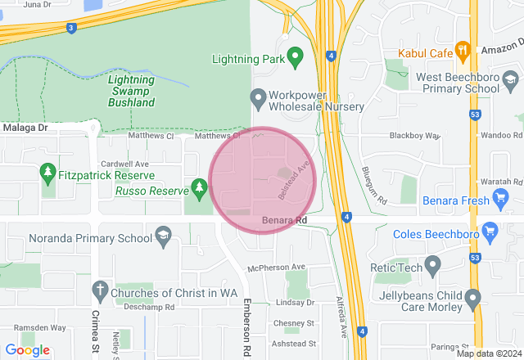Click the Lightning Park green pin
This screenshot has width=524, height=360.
(295, 58)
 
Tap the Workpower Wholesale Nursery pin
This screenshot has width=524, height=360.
(259, 99)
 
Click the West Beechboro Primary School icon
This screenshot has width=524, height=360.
(511, 81)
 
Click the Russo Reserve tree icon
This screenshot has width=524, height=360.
(198, 190)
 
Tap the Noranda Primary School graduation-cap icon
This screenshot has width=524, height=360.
(163, 238)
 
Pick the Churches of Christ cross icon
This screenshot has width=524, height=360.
(100, 290)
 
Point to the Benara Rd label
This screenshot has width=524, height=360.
(284, 221)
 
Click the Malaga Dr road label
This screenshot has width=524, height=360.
(25, 128)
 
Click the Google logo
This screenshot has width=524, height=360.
(27, 349)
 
